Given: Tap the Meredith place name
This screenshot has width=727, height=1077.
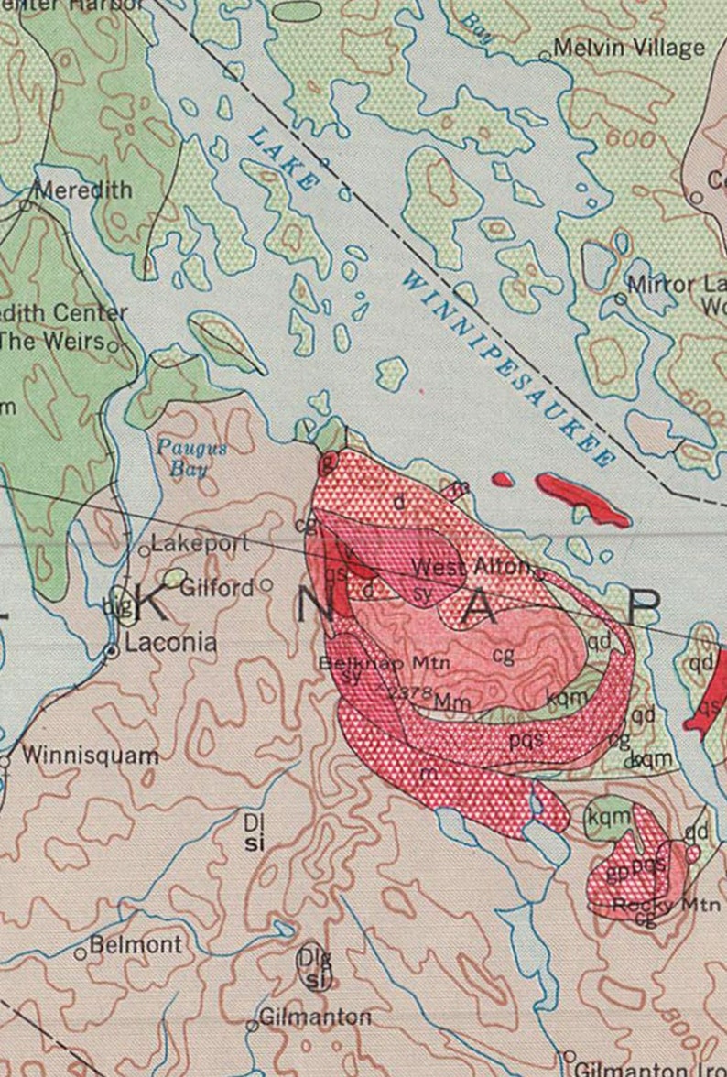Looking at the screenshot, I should (83, 190).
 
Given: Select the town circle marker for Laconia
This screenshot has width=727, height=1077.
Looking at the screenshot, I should (111, 651).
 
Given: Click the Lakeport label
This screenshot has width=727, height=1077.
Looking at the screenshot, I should (200, 543).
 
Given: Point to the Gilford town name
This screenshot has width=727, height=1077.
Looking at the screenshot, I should (216, 588).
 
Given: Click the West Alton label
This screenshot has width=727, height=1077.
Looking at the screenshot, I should (470, 567).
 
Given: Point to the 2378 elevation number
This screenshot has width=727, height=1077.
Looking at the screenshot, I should (409, 693).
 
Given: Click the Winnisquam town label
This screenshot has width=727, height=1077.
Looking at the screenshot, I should (90, 756).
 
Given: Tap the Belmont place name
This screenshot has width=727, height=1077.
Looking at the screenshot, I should (136, 945).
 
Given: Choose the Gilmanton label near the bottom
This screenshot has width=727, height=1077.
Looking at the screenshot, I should (315, 1017).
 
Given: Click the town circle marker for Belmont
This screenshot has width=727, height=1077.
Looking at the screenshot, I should (81, 954).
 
